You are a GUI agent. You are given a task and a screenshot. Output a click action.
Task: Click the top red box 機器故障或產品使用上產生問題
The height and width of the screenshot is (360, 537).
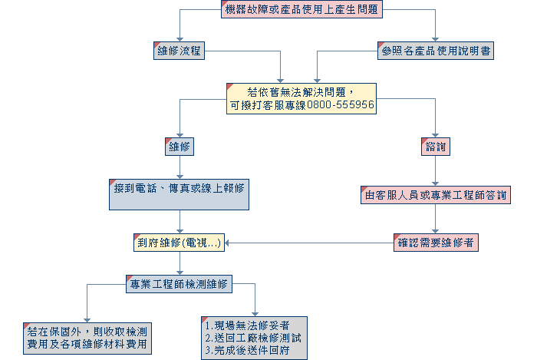click(x=301, y=10)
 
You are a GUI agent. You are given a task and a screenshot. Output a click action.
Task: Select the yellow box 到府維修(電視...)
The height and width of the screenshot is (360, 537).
click(x=180, y=243)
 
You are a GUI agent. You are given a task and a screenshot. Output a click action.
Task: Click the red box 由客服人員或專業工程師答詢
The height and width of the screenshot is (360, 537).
click(x=435, y=195)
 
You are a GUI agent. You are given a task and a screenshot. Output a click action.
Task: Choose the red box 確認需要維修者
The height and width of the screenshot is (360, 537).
click(x=436, y=243)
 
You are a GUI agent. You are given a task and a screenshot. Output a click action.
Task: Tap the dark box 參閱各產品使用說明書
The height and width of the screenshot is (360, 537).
click(x=435, y=51)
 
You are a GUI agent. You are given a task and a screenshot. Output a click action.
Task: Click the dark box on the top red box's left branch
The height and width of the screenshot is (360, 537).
click(x=179, y=51)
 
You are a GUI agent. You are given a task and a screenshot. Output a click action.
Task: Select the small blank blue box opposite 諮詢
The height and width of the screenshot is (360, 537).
click(x=180, y=147)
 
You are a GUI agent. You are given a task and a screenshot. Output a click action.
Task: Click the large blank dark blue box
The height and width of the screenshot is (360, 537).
click(x=180, y=194)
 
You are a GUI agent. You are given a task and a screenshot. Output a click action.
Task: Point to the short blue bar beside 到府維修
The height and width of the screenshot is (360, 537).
click(x=239, y=243)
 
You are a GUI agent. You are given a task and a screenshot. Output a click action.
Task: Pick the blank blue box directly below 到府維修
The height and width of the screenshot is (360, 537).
click(x=180, y=283)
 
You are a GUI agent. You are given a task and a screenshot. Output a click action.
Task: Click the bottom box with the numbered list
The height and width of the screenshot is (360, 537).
click(x=254, y=338)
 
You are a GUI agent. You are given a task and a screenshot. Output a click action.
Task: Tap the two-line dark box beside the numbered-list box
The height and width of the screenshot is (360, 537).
click(x=87, y=338)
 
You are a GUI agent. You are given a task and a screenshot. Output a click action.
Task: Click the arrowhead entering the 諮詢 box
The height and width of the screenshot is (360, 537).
click(x=436, y=134)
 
